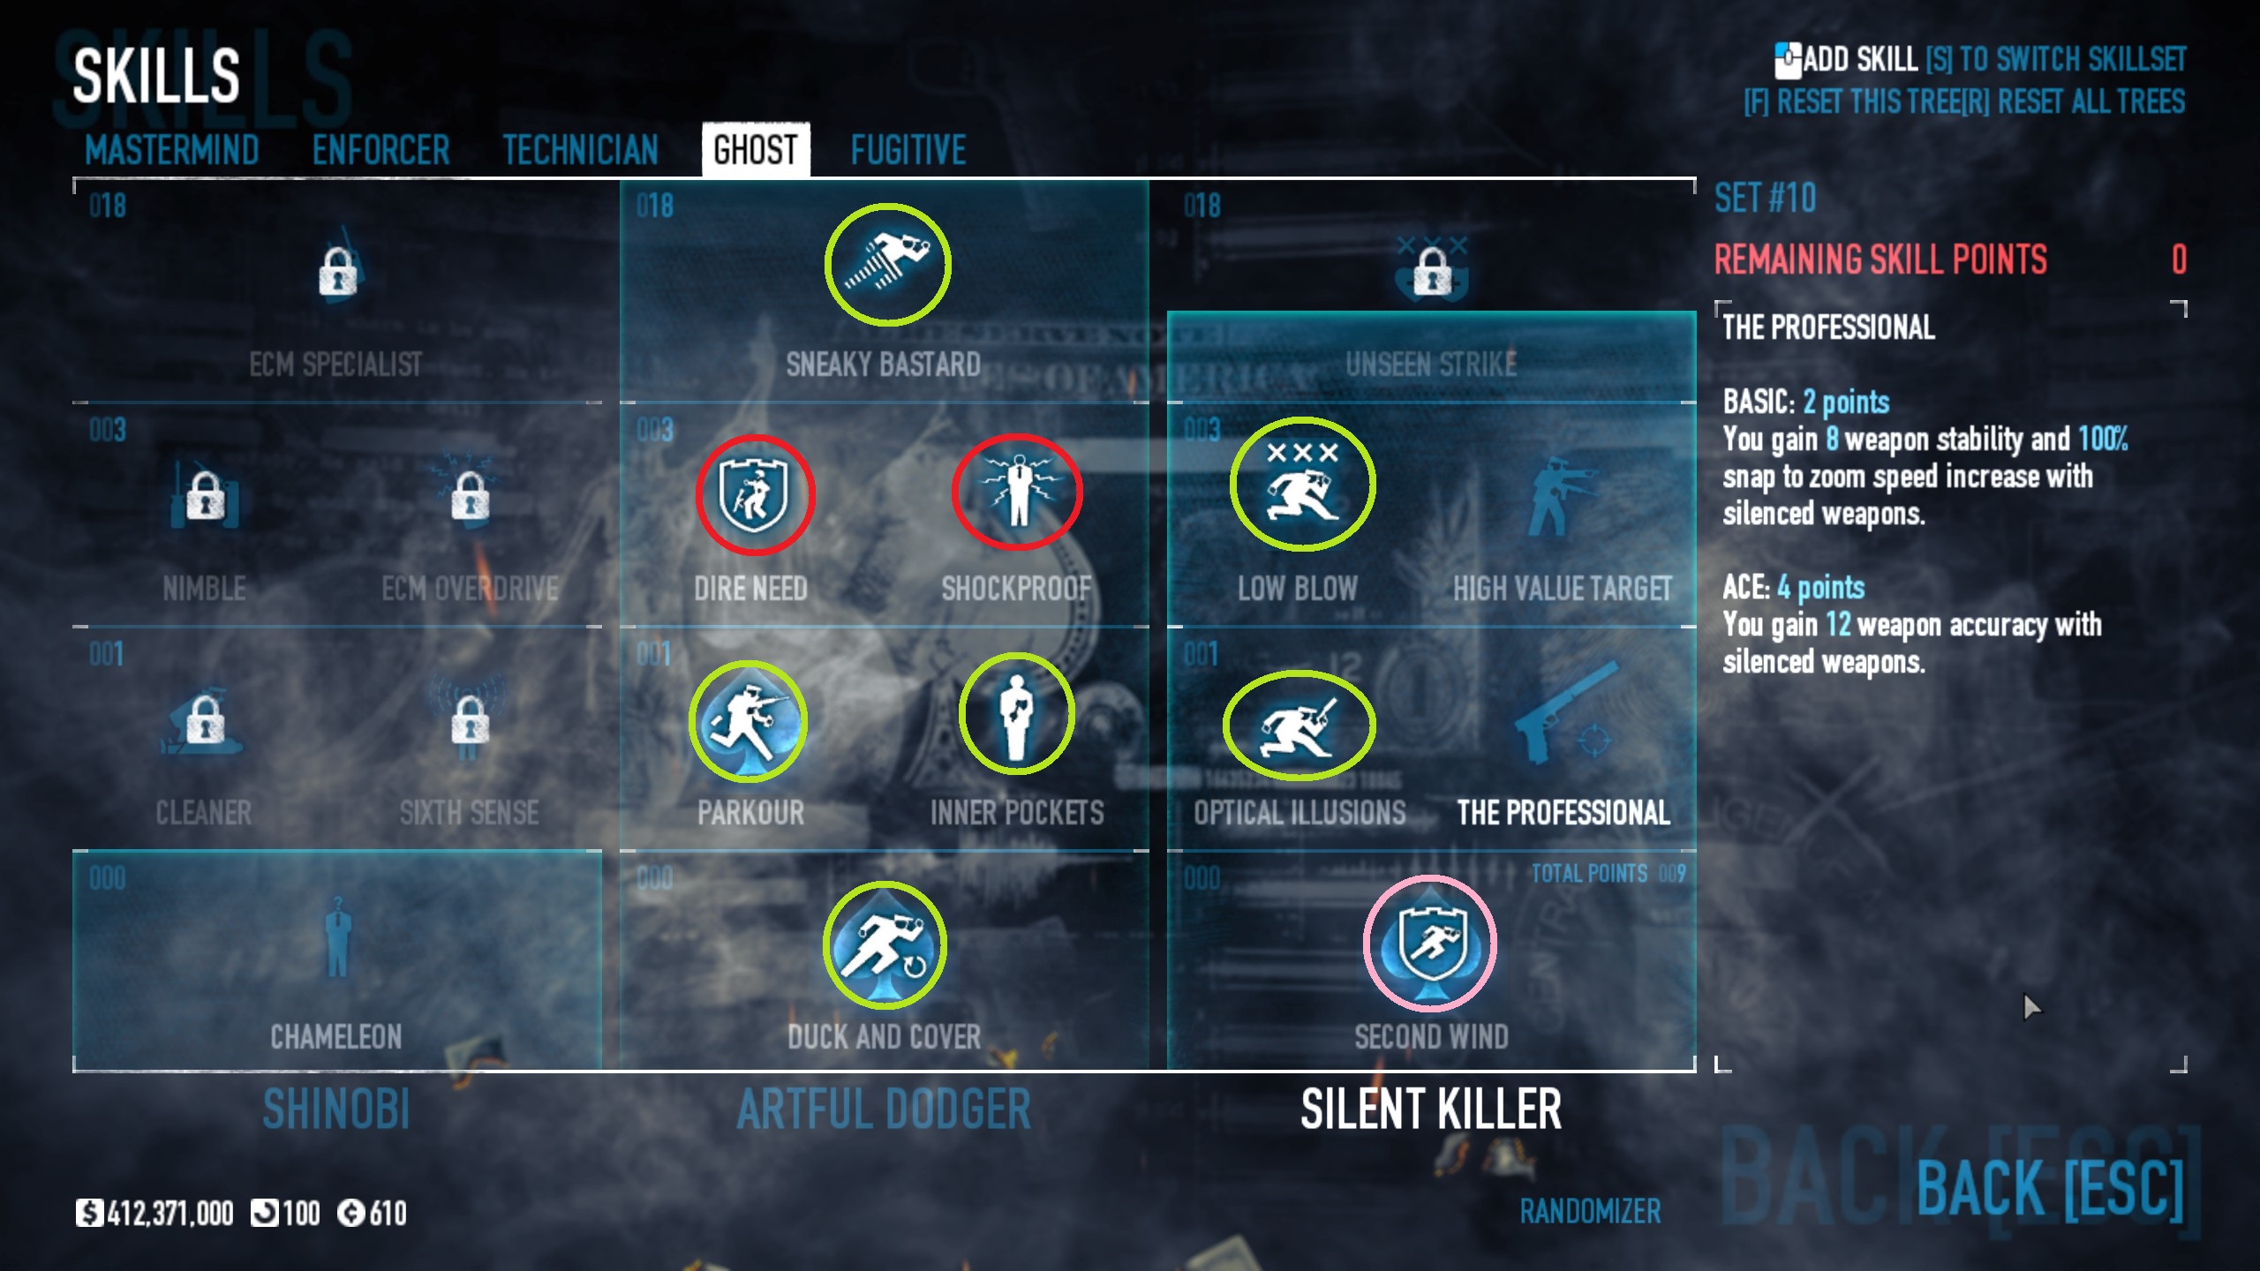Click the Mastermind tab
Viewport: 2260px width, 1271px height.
click(172, 150)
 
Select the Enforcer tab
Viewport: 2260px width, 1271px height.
click(380, 150)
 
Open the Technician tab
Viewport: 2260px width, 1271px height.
click(580, 150)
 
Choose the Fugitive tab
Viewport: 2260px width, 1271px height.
click(908, 150)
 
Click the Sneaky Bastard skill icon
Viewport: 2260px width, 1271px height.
click(887, 264)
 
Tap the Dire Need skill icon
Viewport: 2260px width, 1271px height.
click(754, 494)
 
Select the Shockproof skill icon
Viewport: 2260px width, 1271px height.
click(1017, 492)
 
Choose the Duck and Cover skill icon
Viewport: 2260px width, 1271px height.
click(885, 944)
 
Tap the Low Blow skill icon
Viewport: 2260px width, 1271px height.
click(1302, 484)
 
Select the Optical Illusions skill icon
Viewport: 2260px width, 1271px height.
click(1299, 725)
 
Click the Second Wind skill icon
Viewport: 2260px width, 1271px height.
click(1429, 943)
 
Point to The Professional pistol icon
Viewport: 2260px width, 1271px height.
click(1564, 715)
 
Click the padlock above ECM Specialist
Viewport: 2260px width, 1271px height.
click(337, 270)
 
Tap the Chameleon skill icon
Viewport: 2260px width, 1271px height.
click(336, 940)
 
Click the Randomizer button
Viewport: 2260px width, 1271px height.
click(1590, 1212)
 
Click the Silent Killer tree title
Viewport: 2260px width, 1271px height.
click(1430, 1109)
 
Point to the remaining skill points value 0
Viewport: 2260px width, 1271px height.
click(2179, 259)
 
